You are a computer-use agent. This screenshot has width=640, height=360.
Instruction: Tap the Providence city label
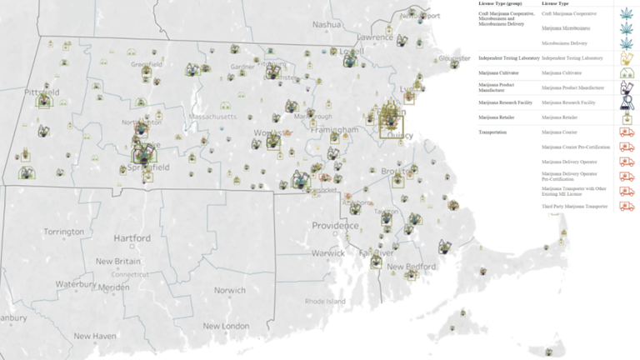pos(336,226)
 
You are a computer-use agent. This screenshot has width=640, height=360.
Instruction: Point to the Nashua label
pos(327,25)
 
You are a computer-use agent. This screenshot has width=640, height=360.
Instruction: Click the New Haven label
pos(93,335)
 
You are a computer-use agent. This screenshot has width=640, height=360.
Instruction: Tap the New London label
pos(226,326)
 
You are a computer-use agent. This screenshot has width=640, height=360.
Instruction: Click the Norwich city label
pos(229,290)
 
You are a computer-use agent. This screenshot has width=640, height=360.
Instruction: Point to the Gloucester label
pos(454,58)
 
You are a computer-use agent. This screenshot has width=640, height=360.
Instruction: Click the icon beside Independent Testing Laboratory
pos(625,58)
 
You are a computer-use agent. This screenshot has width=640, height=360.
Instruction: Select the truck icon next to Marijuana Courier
pos(625,131)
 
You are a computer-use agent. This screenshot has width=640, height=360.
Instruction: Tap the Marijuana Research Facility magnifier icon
pos(625,102)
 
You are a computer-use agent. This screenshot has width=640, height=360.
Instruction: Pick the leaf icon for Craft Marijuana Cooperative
pos(625,14)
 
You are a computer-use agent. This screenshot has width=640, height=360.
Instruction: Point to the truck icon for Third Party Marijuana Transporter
pos(625,206)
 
